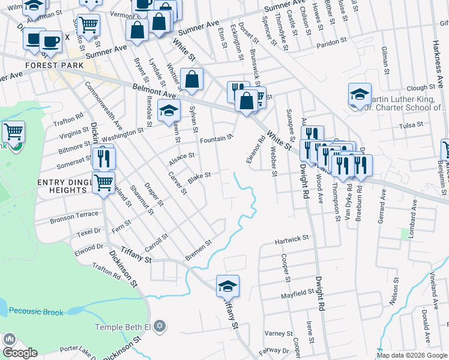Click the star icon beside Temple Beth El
point(158,326)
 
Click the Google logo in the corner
point(20,353)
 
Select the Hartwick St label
point(291,239)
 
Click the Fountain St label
point(216,139)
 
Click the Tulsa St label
point(411,125)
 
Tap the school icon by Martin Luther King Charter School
point(360,94)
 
